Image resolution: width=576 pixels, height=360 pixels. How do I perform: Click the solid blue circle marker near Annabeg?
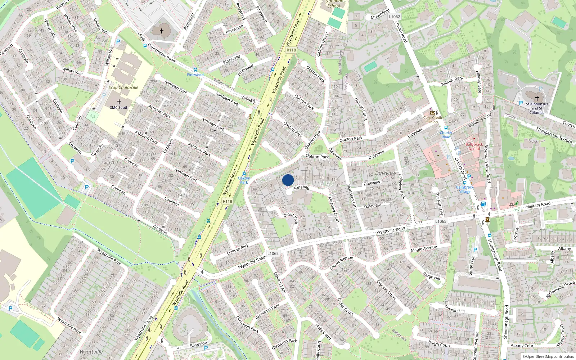point(288,180)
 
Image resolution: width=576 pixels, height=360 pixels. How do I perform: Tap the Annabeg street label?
point(301,187)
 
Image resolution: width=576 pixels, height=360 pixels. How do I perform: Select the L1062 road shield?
point(394,17)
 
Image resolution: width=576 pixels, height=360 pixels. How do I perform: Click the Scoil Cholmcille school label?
point(123,87)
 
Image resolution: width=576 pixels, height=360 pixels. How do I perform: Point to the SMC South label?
point(119,107)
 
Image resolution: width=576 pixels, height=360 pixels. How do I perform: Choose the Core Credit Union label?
point(433,120)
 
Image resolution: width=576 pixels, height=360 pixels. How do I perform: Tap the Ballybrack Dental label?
point(474,147)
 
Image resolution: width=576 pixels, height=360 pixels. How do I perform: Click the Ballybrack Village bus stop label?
point(465,189)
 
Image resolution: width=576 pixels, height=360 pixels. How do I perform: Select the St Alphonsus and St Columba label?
point(537,108)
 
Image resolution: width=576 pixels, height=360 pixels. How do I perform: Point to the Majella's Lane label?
point(480,120)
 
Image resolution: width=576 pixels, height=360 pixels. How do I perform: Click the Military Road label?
point(538,205)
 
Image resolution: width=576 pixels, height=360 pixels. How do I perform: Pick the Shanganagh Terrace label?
point(554,135)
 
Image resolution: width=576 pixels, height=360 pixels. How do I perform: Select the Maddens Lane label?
point(352,197)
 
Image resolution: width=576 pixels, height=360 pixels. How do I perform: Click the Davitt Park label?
point(291,217)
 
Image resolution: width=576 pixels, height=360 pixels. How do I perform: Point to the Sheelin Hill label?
point(455,309)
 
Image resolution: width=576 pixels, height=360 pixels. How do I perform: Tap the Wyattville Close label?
point(144,328)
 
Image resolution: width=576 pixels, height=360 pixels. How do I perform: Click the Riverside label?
point(198,344)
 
